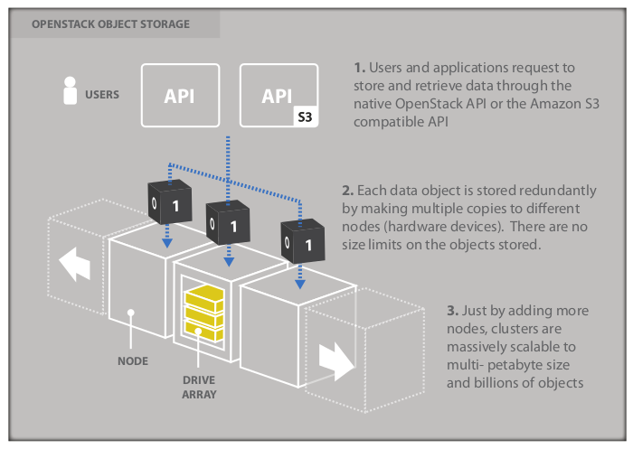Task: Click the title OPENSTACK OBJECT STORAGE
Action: coord(110,24)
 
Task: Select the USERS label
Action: coord(102,94)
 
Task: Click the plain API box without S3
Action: coord(181,95)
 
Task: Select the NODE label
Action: coord(133,361)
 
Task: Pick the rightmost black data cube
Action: coord(301,242)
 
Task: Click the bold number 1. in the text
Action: coord(359,69)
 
